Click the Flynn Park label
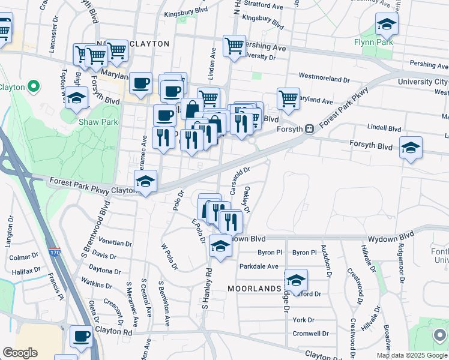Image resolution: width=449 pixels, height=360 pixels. pyautogui.click(x=373, y=42)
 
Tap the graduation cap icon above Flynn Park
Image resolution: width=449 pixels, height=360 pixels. pyautogui.click(x=387, y=25)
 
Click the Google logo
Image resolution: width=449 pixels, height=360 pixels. pyautogui.click(x=20, y=353)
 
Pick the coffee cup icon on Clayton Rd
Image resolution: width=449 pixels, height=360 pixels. pyautogui.click(x=82, y=337)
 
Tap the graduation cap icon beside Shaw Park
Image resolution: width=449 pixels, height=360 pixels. pyautogui.click(x=77, y=98)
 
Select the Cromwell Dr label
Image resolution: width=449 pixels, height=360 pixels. pyautogui.click(x=310, y=334)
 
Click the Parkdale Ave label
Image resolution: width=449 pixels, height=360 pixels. pyautogui.click(x=259, y=266)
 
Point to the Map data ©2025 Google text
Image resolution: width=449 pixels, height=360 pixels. pyautogui.click(x=412, y=355)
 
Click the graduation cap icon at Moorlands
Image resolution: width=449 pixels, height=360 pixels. pyautogui.click(x=295, y=280)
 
